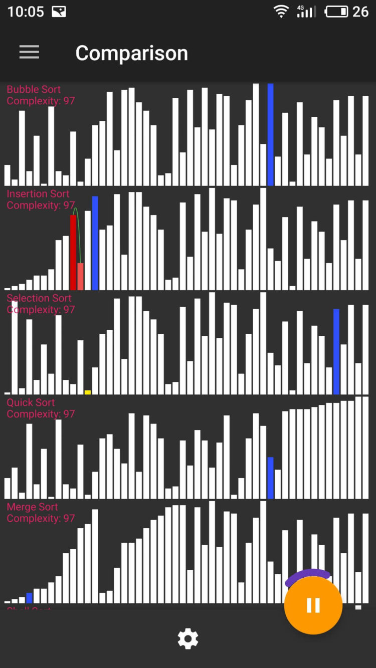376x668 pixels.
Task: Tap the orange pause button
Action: point(313,605)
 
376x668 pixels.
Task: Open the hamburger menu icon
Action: point(29,53)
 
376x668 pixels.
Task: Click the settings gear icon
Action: point(187,639)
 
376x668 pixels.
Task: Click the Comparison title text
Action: point(131,53)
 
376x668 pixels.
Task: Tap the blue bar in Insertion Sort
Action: point(95,243)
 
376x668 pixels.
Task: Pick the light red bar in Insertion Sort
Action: point(81,276)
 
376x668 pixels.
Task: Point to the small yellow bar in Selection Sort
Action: point(88,392)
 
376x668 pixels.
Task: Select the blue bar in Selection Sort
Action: point(336,351)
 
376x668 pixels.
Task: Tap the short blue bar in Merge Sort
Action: point(29,598)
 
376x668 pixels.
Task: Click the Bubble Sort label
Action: point(34,90)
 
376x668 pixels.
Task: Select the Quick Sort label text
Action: point(31,402)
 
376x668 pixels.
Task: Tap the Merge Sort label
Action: point(32,507)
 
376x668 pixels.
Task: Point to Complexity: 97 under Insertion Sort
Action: point(41,205)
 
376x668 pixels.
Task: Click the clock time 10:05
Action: point(26,12)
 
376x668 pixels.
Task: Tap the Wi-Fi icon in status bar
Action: point(281,12)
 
